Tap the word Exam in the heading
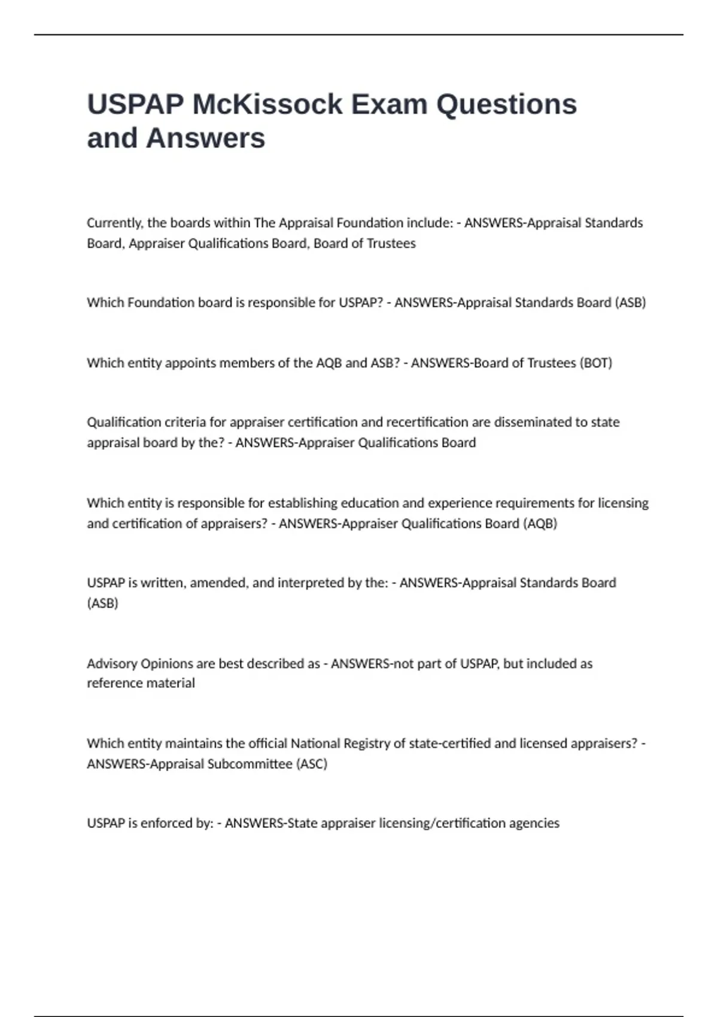389,105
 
